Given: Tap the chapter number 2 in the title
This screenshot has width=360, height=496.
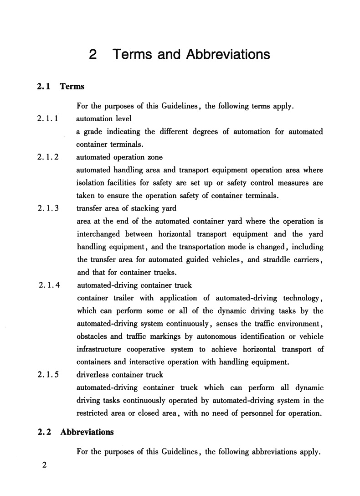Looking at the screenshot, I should [x=93, y=55].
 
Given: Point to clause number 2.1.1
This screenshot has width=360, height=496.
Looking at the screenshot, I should [x=47, y=119].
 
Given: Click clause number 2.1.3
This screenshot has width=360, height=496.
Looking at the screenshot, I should [x=47, y=209].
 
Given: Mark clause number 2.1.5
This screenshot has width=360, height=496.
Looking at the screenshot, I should [x=47, y=375].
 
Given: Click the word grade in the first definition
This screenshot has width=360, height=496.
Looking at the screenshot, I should [x=96, y=132].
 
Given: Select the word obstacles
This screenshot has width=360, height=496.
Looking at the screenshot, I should [x=93, y=336].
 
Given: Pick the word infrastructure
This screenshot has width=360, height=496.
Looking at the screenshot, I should [x=101, y=349].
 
